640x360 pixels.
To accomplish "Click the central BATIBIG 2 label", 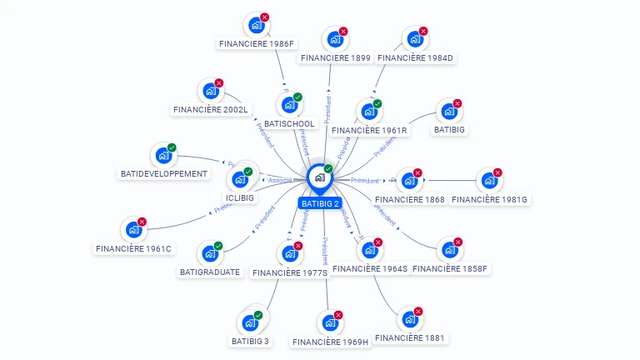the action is (x=320, y=203).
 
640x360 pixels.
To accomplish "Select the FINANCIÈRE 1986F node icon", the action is (x=257, y=25).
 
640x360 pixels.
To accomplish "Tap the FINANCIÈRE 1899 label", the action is (x=336, y=57).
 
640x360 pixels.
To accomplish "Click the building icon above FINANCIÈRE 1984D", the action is (x=414, y=39).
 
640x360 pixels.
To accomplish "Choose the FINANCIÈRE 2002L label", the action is (x=211, y=109).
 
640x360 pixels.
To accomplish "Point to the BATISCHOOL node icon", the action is (x=289, y=105).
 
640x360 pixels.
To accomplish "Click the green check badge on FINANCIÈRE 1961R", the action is (x=377, y=104).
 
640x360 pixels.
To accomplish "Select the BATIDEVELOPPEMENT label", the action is (x=163, y=174).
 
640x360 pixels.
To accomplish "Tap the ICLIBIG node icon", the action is (x=240, y=178).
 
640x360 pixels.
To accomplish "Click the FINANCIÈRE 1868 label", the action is (x=410, y=199).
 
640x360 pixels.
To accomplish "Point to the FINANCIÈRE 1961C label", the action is (x=133, y=248).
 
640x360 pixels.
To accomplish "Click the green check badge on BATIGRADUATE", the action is (x=218, y=246).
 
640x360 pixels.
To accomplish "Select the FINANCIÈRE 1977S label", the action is (x=290, y=272).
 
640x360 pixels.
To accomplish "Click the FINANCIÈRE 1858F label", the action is (x=450, y=268).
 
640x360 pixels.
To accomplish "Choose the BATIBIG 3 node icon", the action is (x=250, y=322).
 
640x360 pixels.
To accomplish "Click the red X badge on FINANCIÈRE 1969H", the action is (x=338, y=316).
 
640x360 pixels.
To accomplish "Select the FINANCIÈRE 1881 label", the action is (x=411, y=337).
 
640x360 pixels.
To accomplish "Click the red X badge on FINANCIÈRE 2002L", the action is (x=219, y=83).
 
